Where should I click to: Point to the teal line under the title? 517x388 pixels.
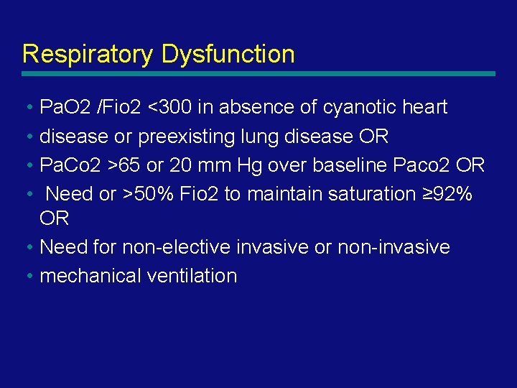pos(258,73)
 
